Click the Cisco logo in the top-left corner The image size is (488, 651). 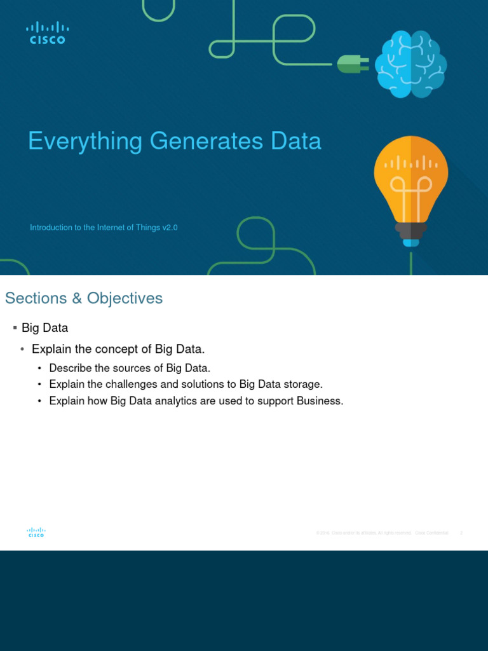48,32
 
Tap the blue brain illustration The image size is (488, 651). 410,64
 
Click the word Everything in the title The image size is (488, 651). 86,141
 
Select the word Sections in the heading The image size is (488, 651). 36,298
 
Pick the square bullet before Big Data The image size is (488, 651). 14,328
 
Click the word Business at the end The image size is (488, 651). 320,401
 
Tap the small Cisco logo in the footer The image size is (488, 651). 36,533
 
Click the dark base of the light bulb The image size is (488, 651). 411,230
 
